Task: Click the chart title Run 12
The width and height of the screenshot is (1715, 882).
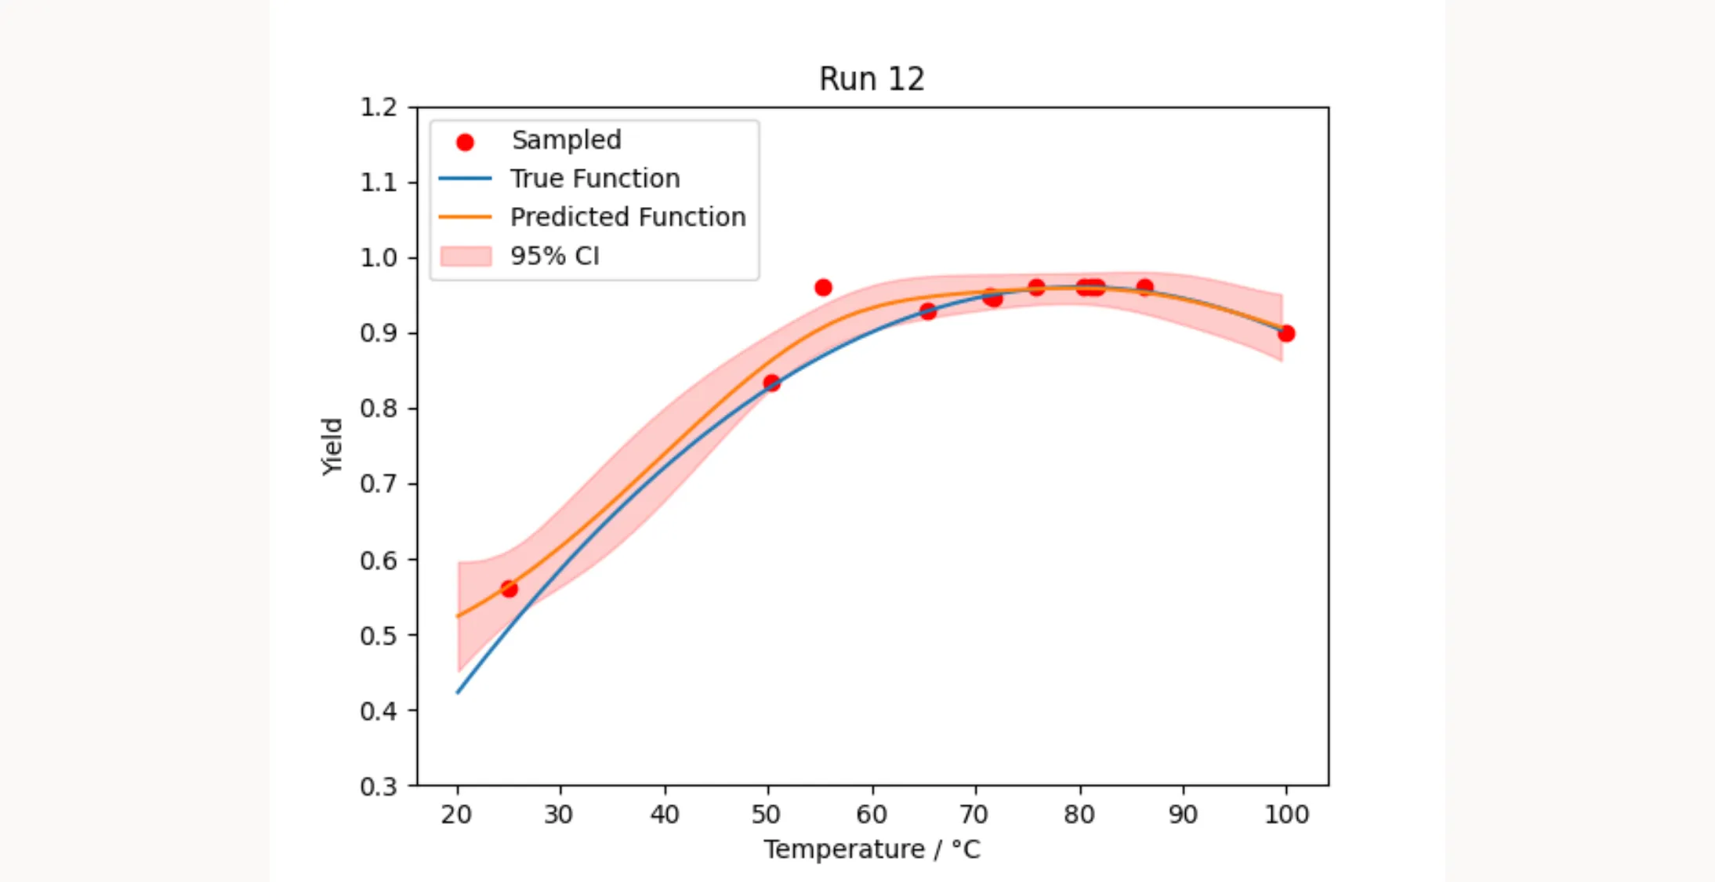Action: pyautogui.click(x=872, y=79)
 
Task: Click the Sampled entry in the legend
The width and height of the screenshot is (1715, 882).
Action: pyautogui.click(x=565, y=140)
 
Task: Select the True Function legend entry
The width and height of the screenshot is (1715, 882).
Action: pyautogui.click(x=594, y=179)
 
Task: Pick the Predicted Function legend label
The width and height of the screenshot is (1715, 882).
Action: pyautogui.click(x=627, y=217)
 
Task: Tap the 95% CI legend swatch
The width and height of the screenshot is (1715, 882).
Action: pyautogui.click(x=466, y=256)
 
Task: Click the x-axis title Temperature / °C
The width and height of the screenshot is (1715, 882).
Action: pyautogui.click(x=872, y=850)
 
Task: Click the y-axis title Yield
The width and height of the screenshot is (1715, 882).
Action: pyautogui.click(x=332, y=446)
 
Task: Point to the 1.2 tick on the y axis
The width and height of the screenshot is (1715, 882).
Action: pyautogui.click(x=379, y=107)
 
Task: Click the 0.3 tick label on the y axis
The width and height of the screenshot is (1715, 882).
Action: pyautogui.click(x=379, y=786)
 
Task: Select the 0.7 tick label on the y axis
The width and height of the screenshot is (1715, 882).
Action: pyautogui.click(x=379, y=485)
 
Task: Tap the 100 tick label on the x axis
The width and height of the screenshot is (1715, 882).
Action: pyautogui.click(x=1286, y=815)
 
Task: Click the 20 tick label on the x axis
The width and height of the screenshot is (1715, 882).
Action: pyautogui.click(x=457, y=815)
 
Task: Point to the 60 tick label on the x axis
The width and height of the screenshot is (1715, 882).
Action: pyautogui.click(x=872, y=815)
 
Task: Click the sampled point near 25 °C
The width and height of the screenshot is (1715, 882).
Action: pyautogui.click(x=509, y=589)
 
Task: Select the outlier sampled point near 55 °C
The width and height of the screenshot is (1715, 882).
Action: pyautogui.click(x=823, y=288)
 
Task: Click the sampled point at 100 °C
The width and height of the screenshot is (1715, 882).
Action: pyautogui.click(x=1286, y=334)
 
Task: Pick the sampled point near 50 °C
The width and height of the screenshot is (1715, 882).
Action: pyautogui.click(x=771, y=383)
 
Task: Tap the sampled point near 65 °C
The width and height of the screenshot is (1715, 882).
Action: pyautogui.click(x=928, y=312)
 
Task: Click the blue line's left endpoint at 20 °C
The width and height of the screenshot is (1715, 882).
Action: pyautogui.click(x=458, y=692)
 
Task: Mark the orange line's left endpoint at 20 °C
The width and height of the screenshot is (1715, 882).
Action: pyautogui.click(x=458, y=616)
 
